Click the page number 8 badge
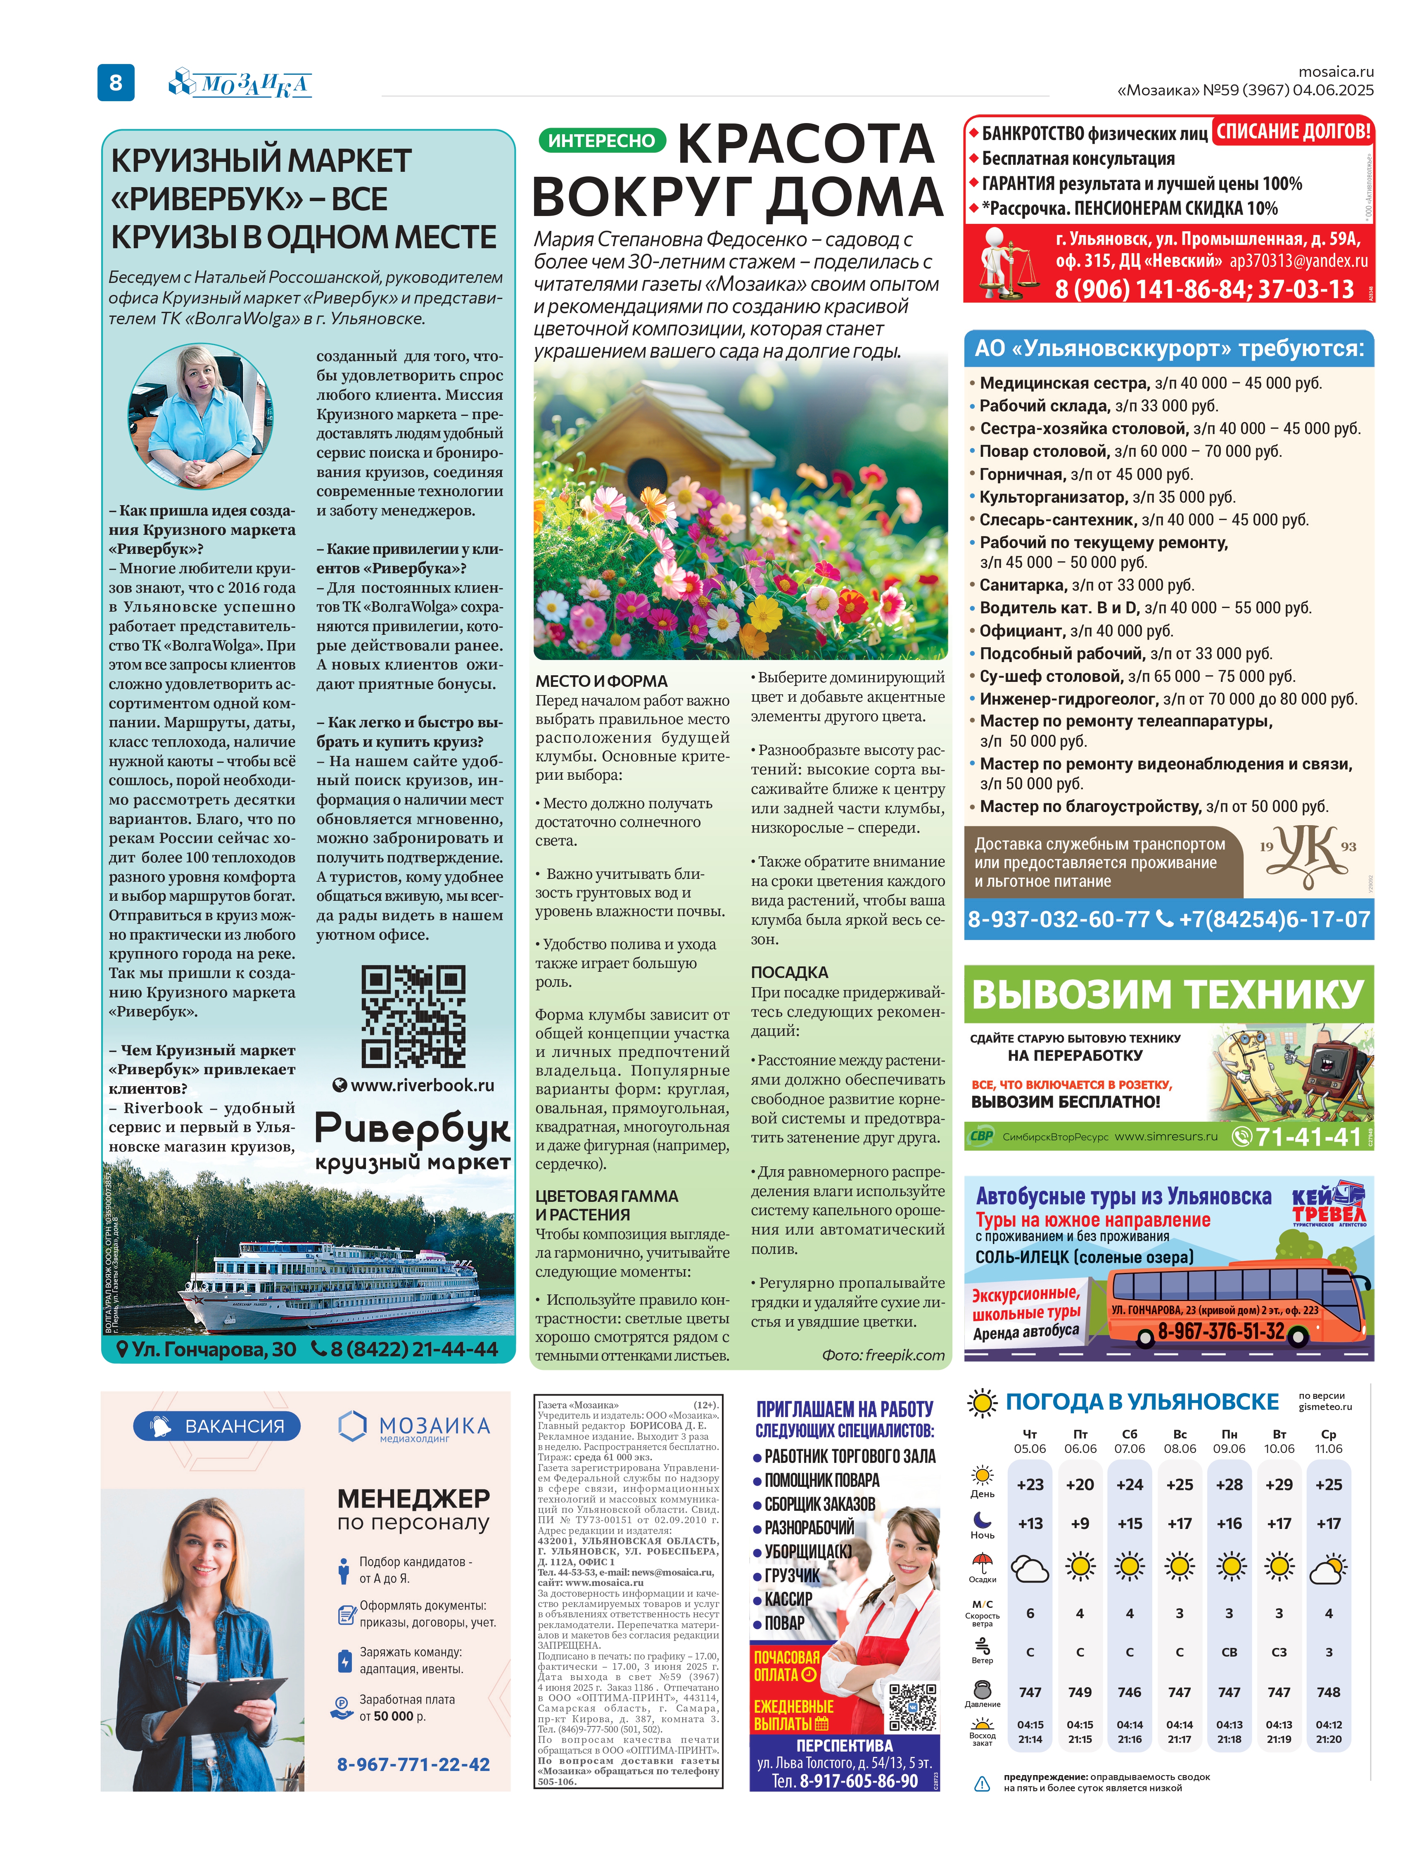(116, 82)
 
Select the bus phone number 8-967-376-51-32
(1221, 1331)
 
